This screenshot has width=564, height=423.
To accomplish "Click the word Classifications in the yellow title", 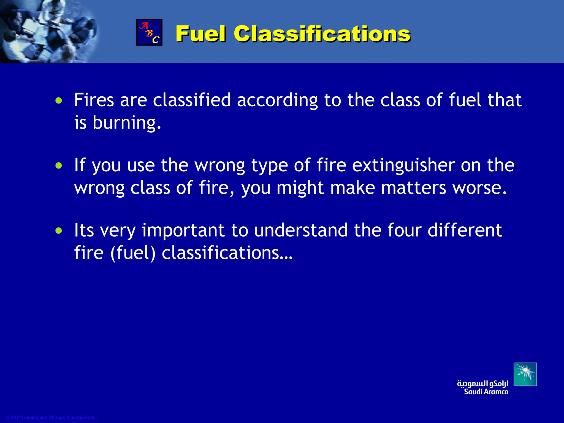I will click(322, 34).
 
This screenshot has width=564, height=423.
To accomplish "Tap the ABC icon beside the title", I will click(149, 32).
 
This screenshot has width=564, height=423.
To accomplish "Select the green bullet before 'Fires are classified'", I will click(59, 101).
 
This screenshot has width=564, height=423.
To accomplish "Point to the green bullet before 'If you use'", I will click(59, 166).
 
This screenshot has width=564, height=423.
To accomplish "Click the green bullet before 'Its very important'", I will click(59, 231).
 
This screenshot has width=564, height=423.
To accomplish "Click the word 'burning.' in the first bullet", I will click(127, 123).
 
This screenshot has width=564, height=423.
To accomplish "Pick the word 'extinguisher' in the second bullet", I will click(403, 166).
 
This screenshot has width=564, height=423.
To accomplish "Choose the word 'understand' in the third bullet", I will click(301, 230).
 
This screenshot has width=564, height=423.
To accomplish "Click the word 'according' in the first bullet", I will click(277, 101).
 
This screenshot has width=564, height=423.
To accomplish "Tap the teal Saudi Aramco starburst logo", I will click(525, 374).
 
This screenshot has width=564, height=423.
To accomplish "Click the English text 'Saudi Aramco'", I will click(486, 392).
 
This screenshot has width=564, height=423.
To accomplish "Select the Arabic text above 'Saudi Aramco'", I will click(482, 383).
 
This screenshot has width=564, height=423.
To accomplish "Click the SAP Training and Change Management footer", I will click(50, 417).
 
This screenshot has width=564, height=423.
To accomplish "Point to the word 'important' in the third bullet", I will click(183, 231).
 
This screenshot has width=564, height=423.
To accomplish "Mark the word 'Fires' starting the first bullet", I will click(94, 100).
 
